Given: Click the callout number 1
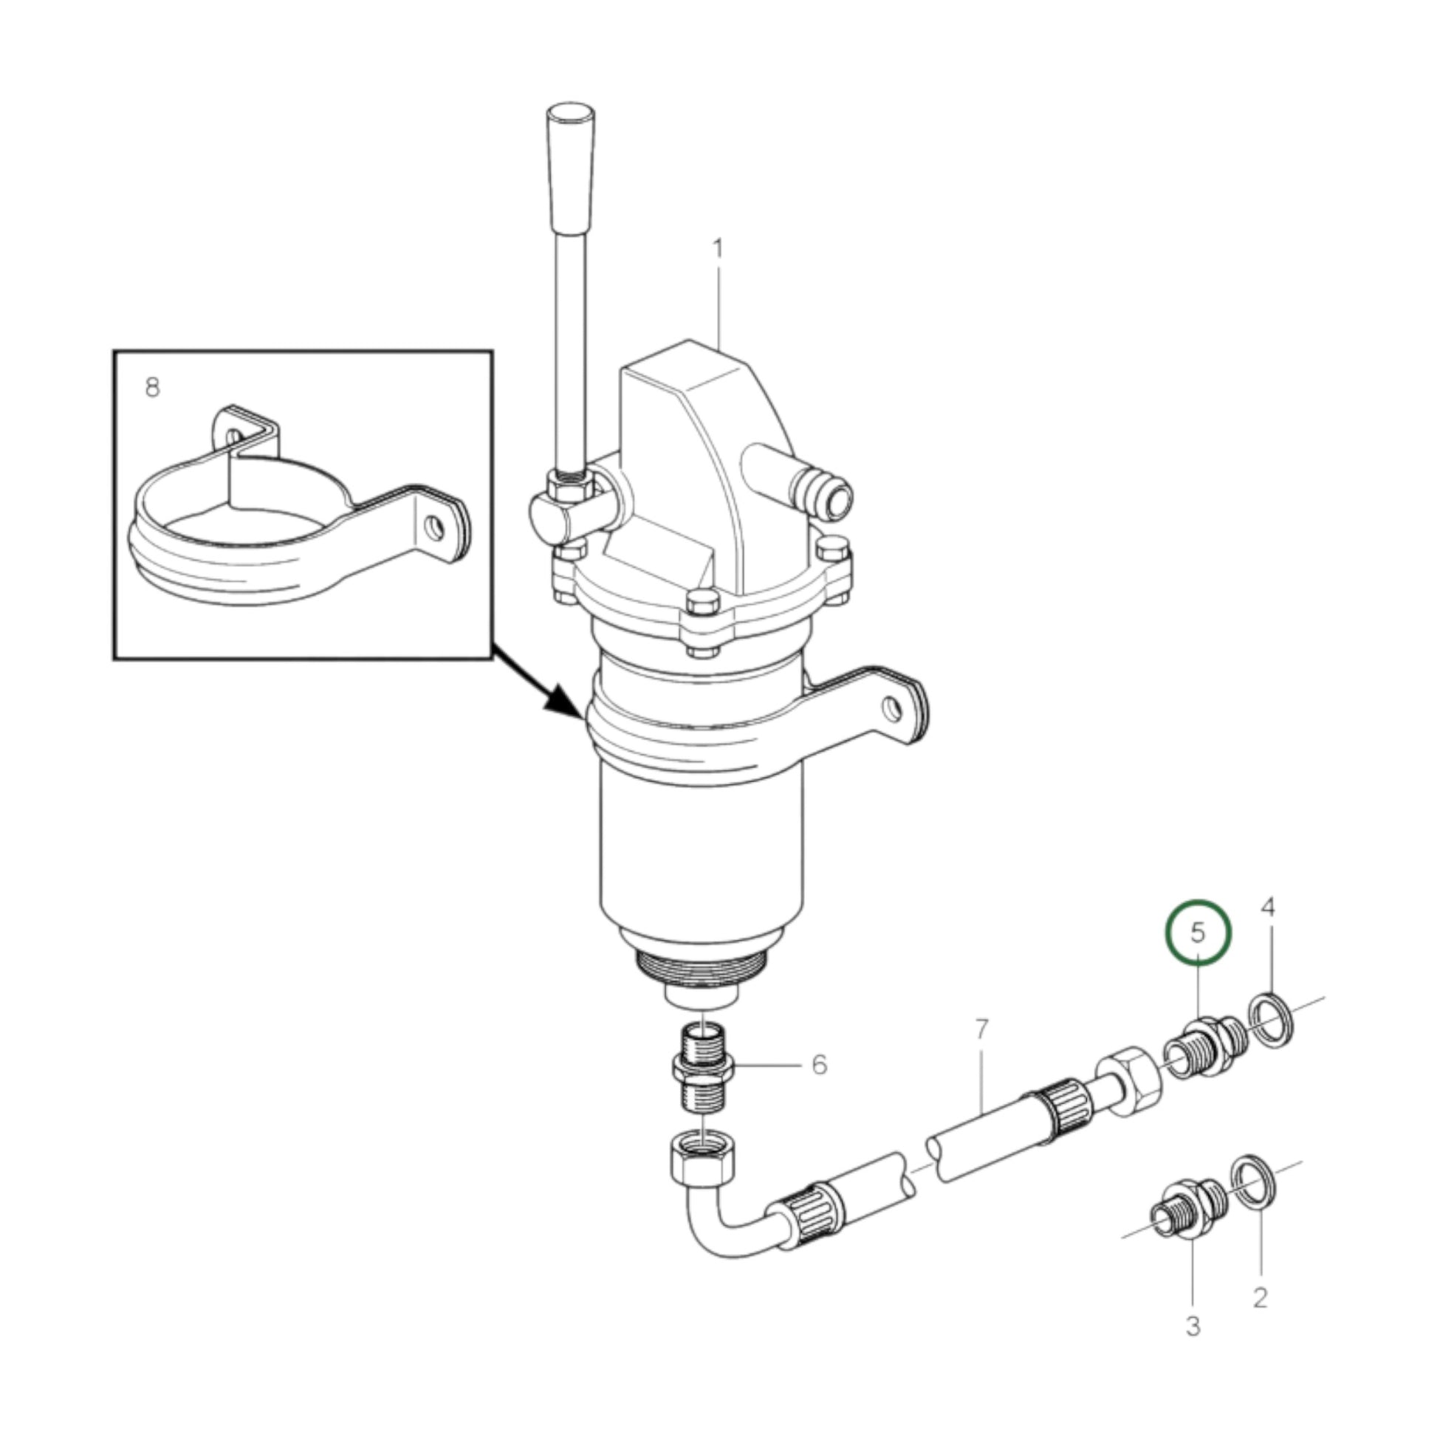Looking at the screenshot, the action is tap(717, 250).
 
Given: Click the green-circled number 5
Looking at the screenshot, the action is tap(1198, 933).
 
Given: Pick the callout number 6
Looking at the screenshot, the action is tap(819, 1065).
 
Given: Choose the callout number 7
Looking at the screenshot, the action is tap(982, 1030).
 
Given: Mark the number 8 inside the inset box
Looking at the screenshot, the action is tap(152, 387).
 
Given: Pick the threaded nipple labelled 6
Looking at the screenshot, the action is tap(704, 1066).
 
